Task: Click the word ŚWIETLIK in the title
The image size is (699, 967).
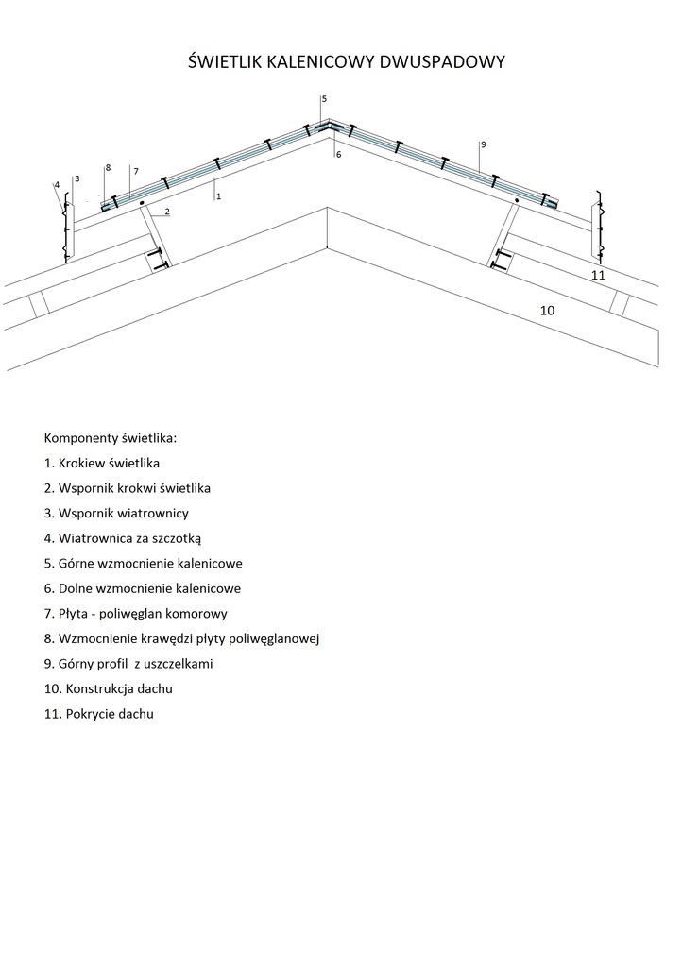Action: [x=230, y=62]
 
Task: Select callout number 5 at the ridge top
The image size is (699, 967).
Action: [x=324, y=99]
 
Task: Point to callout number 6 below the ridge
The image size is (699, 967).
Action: [x=338, y=154]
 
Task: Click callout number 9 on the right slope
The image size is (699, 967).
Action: [x=483, y=144]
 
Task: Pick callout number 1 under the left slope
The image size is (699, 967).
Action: [x=218, y=196]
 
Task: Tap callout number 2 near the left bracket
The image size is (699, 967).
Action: [x=167, y=211]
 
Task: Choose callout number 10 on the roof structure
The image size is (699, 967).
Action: [x=547, y=310]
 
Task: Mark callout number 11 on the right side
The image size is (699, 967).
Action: [x=597, y=275]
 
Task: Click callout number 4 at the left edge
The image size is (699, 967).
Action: [x=57, y=185]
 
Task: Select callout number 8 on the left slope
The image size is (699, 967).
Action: [x=108, y=167]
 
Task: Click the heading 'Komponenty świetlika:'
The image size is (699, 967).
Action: [x=110, y=438]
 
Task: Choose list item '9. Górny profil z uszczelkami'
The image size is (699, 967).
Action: [x=128, y=664]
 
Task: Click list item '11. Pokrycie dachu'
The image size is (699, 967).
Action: [x=98, y=714]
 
